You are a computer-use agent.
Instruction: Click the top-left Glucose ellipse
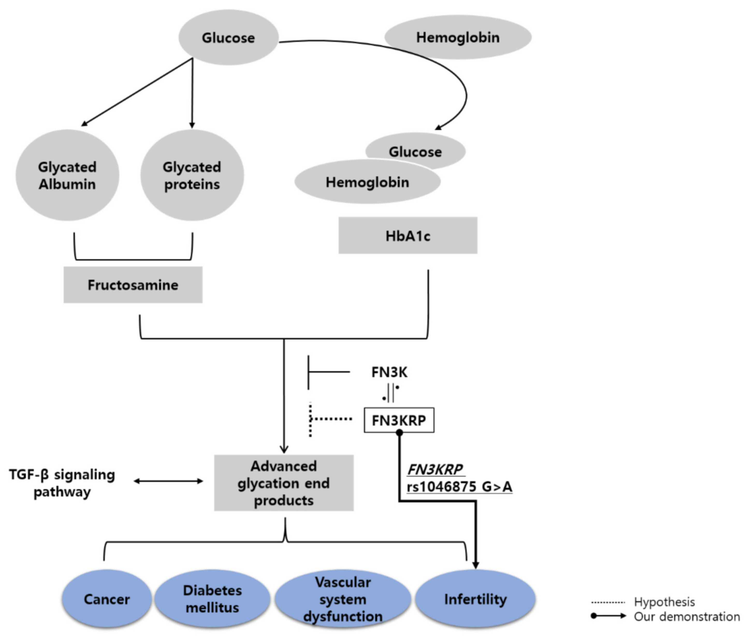click(x=228, y=38)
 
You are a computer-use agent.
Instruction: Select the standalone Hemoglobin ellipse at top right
click(x=458, y=37)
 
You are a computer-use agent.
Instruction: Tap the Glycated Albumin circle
click(x=67, y=176)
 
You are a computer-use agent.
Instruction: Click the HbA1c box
click(x=408, y=235)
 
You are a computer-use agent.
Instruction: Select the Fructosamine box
click(x=133, y=285)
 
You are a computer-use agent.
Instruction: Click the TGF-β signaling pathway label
click(x=62, y=483)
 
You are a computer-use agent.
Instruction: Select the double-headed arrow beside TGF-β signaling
click(x=168, y=481)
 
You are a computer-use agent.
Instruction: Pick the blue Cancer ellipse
click(x=106, y=599)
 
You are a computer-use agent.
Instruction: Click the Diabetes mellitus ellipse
click(x=212, y=599)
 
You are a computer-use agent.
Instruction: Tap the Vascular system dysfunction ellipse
click(x=343, y=599)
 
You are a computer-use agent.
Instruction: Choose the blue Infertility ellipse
click(x=475, y=599)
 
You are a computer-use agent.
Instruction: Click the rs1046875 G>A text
click(x=459, y=487)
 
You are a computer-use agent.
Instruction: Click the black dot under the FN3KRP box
click(x=399, y=433)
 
